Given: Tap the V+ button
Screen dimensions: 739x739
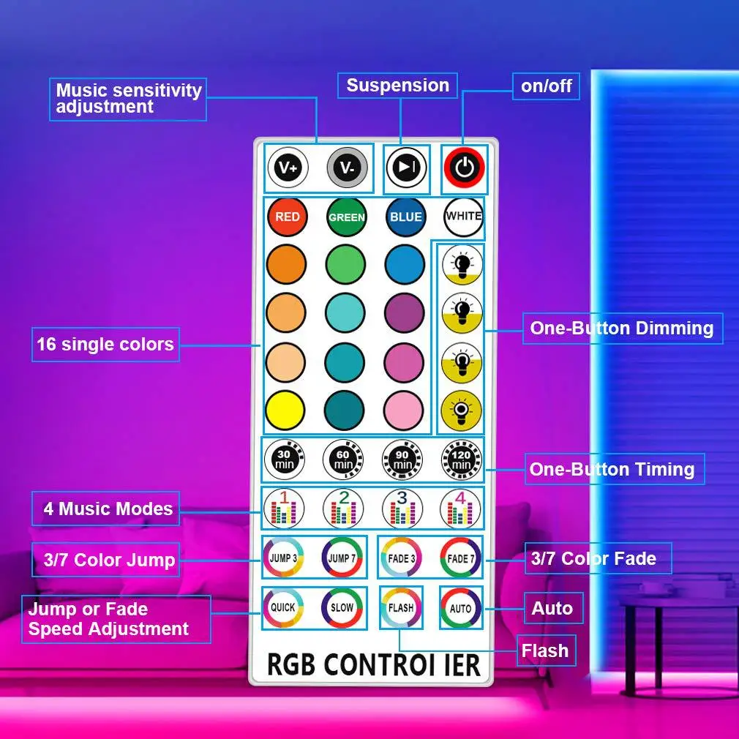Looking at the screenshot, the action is tap(287, 168).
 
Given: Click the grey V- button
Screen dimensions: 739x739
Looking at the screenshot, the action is tap(346, 168).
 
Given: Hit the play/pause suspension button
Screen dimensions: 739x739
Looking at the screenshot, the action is tap(405, 168).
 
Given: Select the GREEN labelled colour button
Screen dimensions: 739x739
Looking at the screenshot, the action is tap(346, 217).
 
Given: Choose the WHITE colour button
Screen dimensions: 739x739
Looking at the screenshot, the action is tap(464, 217).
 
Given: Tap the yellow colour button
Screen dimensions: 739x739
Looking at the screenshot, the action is tap(286, 410).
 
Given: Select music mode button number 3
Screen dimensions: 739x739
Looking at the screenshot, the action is tap(402, 507).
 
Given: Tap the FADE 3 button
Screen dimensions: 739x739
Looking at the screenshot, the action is tap(401, 558).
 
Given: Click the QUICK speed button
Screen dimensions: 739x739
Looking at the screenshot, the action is tap(282, 607).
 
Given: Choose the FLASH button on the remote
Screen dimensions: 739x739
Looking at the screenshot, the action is tap(401, 607).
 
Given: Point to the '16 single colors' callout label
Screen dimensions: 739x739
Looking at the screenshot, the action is tap(105, 344).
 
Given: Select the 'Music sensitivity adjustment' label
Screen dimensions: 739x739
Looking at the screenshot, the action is tap(129, 99).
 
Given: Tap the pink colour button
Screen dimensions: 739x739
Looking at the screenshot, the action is tap(405, 410).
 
